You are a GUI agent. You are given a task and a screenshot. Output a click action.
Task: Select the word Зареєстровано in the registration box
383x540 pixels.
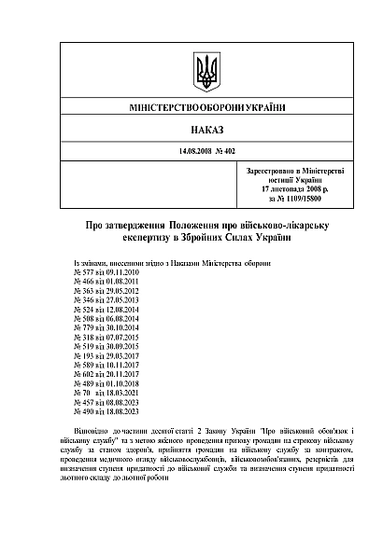pyautogui.click(x=269, y=172)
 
